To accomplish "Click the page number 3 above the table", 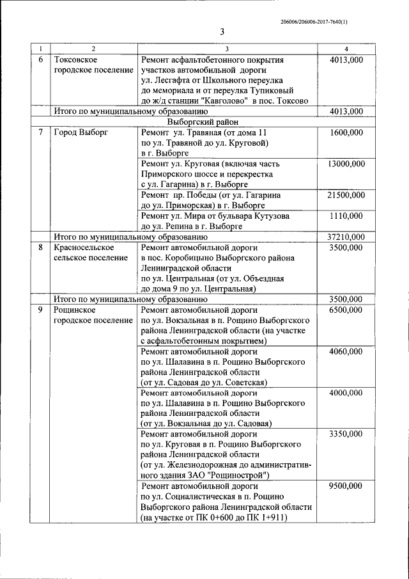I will pos(221,33).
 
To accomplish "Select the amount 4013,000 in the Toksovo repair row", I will pos(346,59).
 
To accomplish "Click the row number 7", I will pos(40,132).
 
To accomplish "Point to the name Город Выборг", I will pos(80,132).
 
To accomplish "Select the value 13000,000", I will pos(346,164).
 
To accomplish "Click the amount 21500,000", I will pos(346,194).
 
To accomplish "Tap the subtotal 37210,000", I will pos(346,237).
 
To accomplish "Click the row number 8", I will pos(40,247).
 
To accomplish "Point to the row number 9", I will pos(40,310).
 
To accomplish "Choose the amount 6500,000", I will pos(346,310).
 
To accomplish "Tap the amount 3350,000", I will pos(346,434).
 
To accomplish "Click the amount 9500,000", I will pos(346,486).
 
